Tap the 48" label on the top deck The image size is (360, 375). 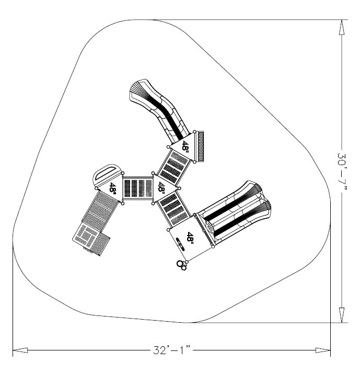tap(185, 146)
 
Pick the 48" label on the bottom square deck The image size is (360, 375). tap(191, 239)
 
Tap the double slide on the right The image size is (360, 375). tap(235, 212)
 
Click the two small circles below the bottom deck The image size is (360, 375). tap(181, 266)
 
